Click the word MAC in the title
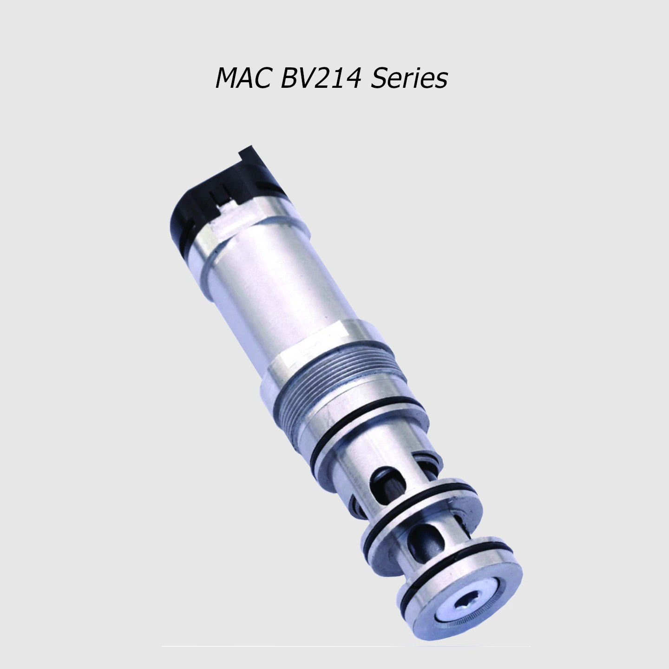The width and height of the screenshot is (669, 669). click(x=243, y=78)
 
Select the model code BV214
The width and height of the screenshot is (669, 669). click(x=321, y=78)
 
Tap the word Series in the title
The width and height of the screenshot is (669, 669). click(x=409, y=78)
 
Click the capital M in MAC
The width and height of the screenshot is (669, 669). click(x=227, y=78)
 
